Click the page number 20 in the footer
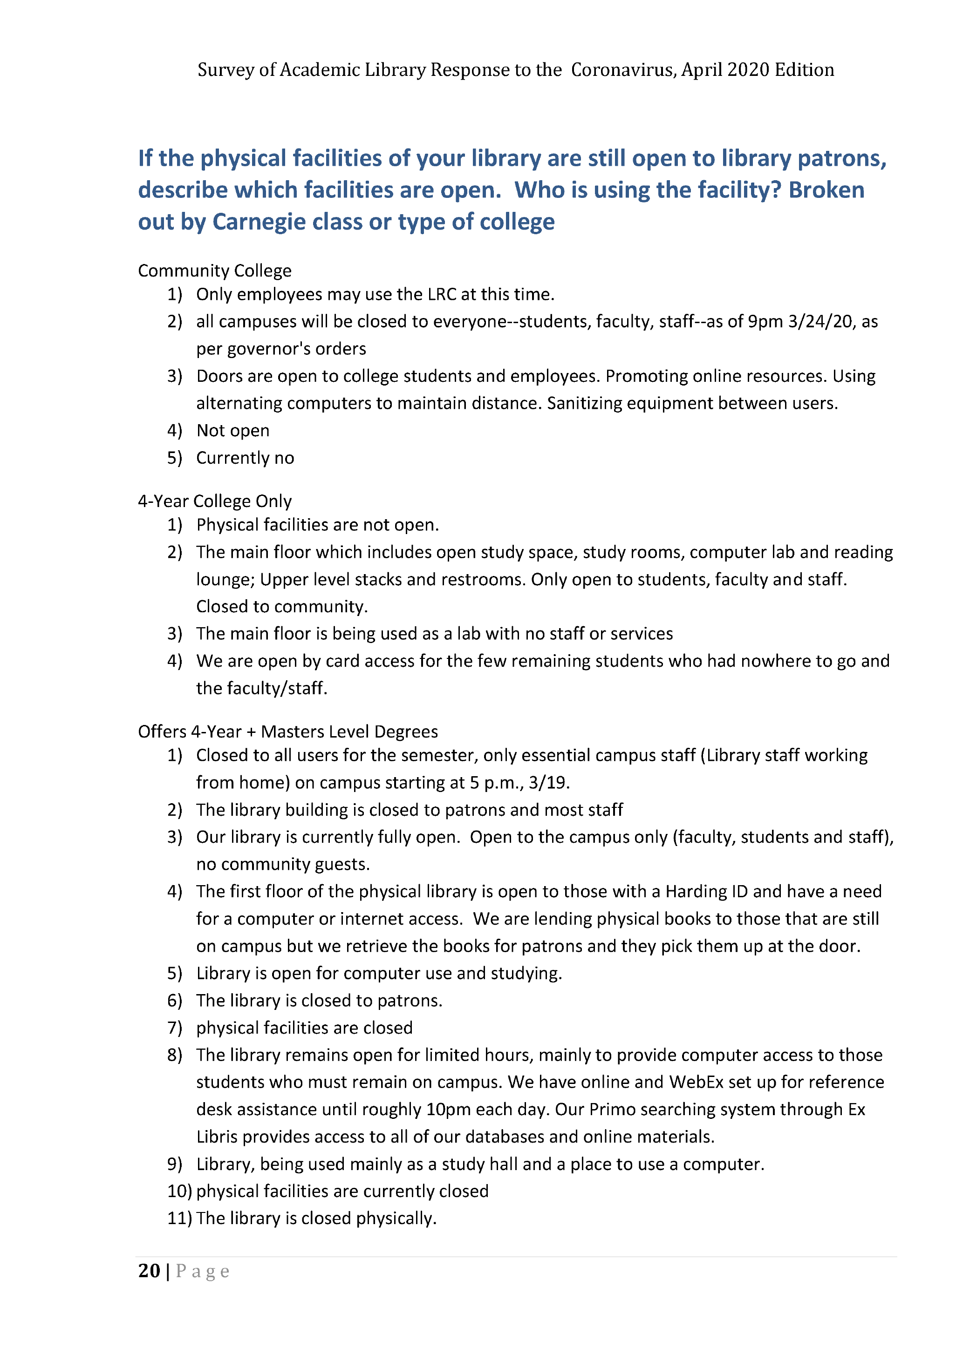pos(149,1271)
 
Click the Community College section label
pos(215,271)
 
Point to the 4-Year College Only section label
pos(215,501)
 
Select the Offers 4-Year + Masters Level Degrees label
pos(287,731)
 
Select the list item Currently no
pos(245,458)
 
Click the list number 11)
pos(179,1218)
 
